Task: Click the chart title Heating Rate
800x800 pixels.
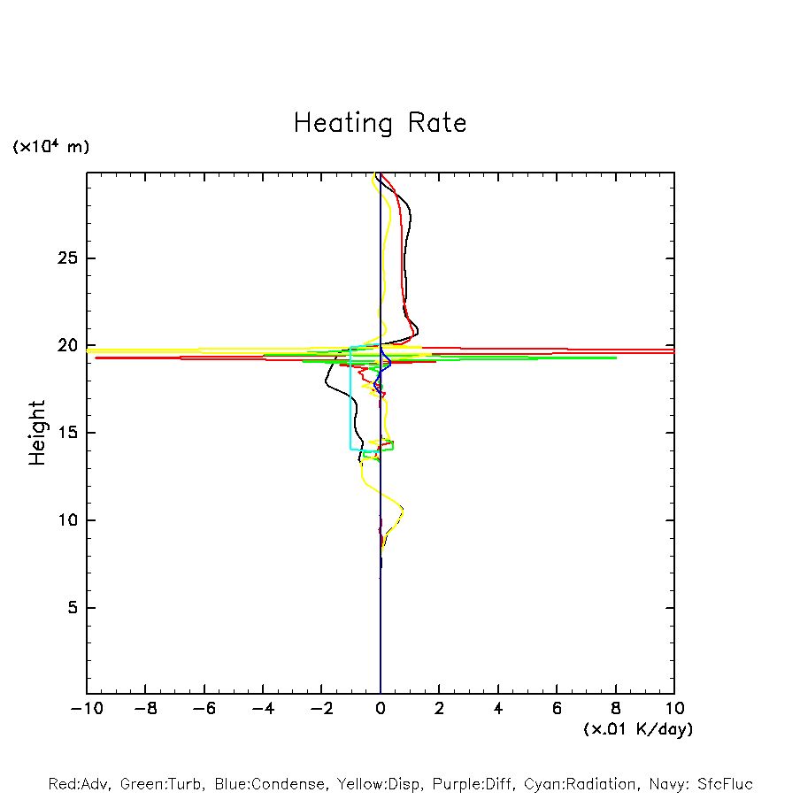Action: [x=380, y=123]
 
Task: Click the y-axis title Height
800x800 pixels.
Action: [x=37, y=433]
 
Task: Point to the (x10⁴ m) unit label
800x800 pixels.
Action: [x=50, y=147]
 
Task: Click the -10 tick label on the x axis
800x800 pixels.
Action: [x=87, y=709]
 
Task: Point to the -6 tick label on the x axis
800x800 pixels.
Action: [x=204, y=709]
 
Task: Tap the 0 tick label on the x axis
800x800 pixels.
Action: [x=381, y=709]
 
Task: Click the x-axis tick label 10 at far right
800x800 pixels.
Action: [x=674, y=709]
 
